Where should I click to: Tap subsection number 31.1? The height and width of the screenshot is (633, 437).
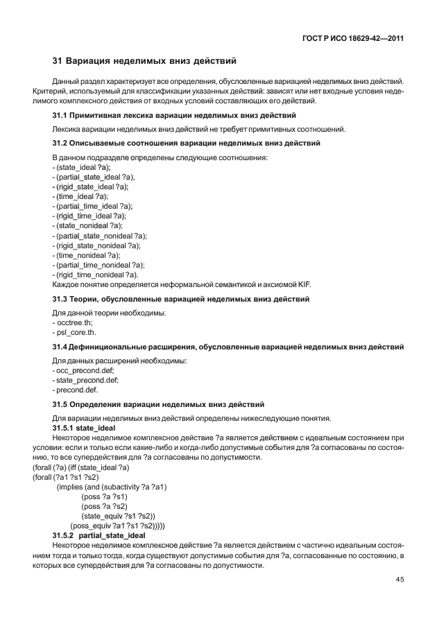point(61,115)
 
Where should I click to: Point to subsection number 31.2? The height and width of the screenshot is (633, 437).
point(61,144)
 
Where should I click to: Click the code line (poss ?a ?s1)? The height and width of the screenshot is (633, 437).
point(104,497)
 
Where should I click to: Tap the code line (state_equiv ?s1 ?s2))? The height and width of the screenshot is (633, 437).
point(118,517)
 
